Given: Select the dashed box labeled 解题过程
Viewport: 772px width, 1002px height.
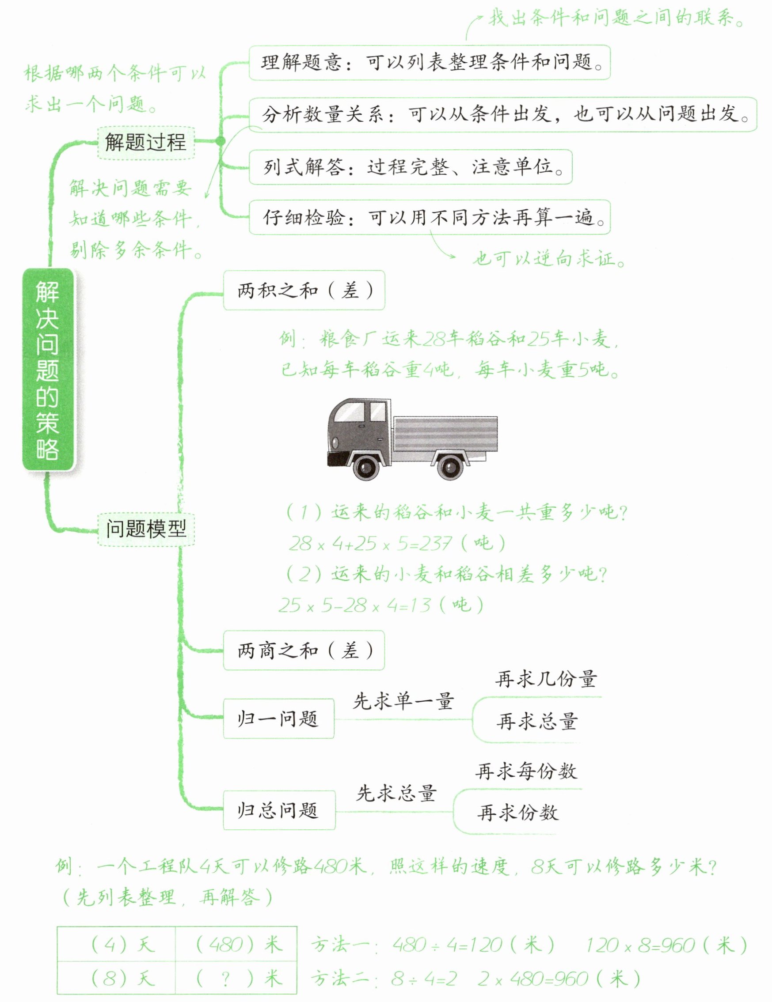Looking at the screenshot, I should (145, 143).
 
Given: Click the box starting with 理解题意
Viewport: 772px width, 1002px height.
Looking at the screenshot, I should (429, 62).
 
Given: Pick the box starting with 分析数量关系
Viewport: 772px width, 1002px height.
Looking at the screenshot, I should (502, 114).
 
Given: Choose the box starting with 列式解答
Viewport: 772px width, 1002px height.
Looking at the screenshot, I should (411, 167).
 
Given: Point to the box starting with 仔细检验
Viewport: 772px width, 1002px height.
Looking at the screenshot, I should (429, 217).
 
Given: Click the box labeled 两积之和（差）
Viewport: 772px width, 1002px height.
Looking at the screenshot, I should (304, 291).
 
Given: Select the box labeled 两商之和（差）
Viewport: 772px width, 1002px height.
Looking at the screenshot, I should (304, 650).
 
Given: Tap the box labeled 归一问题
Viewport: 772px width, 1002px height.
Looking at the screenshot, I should (278, 718).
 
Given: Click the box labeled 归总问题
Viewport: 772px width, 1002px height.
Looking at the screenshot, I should (279, 810).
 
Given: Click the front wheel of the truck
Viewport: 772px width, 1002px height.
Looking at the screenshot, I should (366, 467).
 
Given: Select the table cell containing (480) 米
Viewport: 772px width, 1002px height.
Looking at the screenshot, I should (236, 944).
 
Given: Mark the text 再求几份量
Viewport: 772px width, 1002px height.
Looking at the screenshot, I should (546, 679).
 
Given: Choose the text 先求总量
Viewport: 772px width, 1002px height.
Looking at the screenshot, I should (396, 793).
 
